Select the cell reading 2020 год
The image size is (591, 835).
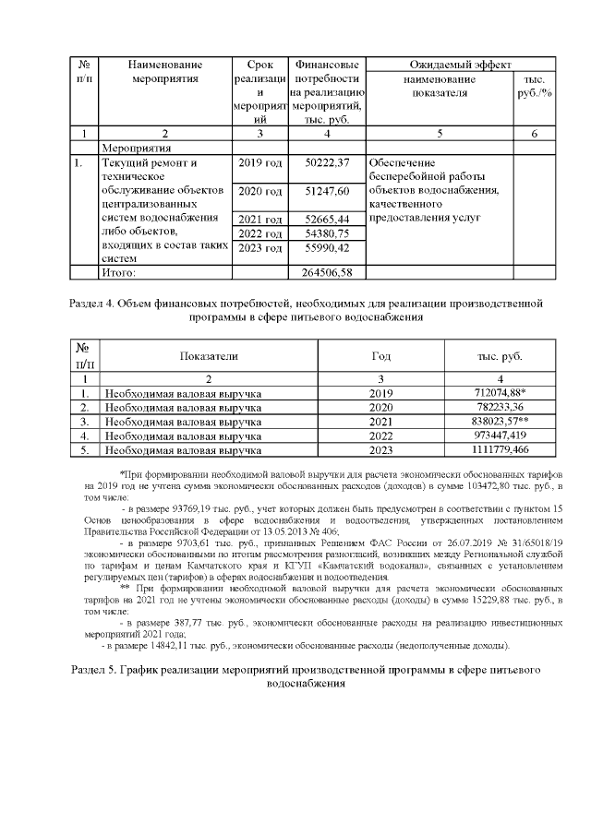[x=260, y=191]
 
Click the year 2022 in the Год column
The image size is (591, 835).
[x=380, y=435]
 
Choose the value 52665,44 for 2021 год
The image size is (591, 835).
[x=329, y=219]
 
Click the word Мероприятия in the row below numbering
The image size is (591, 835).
[x=138, y=147]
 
